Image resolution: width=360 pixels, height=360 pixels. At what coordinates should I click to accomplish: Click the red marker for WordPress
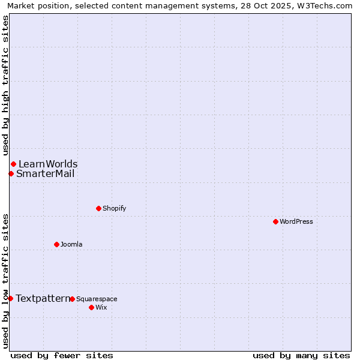coord(275,222)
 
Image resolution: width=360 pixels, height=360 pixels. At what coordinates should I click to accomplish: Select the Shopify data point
coord(98,209)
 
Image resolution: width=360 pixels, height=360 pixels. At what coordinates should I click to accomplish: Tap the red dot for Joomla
coord(56,244)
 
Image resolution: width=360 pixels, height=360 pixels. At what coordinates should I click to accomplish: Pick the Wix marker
coord(91,307)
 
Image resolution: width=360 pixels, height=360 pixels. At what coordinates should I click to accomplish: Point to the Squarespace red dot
coord(72,299)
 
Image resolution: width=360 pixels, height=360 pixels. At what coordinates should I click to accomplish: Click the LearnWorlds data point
coord(13,164)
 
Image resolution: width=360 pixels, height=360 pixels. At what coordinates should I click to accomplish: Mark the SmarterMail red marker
coord(11,174)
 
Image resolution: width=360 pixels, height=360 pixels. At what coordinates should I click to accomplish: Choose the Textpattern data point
coord(10,298)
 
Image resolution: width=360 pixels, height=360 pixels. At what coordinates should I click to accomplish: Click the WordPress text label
coord(296,222)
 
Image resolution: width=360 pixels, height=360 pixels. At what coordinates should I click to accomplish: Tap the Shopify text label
coord(115,209)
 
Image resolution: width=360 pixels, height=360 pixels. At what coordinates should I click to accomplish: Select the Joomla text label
coord(71,245)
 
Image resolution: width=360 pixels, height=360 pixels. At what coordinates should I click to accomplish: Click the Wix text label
coord(101,308)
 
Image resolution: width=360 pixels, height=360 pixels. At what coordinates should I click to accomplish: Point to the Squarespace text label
coord(97,299)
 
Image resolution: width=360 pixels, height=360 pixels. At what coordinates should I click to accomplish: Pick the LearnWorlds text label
coord(48,164)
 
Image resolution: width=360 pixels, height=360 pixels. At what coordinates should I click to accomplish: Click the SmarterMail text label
coord(46,174)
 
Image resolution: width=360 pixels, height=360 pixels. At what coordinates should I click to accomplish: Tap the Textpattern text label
coord(43,299)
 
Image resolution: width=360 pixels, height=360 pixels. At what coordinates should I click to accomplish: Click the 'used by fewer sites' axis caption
coord(62,355)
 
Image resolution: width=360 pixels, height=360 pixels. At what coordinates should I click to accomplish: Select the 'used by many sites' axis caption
coord(301,355)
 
